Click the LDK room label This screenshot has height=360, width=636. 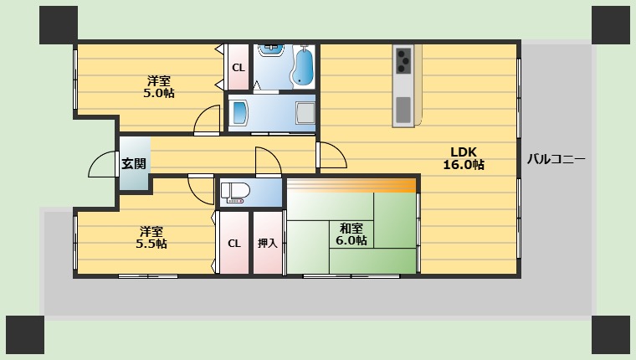(463, 152)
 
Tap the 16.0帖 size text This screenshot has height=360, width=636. (463, 165)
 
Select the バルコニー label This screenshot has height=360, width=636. (556, 159)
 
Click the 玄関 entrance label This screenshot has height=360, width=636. (133, 163)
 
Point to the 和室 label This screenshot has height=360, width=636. (351, 227)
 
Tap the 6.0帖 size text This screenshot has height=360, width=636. (351, 240)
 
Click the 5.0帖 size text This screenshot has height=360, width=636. (158, 93)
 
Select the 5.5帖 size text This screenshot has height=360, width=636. (151, 244)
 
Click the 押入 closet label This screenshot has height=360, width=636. (268, 244)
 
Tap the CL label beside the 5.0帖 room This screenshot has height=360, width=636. (238, 68)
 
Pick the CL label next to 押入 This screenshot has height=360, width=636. (233, 244)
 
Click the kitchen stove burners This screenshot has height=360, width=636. (403, 59)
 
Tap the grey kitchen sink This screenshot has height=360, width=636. (403, 109)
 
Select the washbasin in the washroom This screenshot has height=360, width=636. (241, 112)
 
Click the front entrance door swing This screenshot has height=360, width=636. (104, 164)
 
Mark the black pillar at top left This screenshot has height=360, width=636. (58, 25)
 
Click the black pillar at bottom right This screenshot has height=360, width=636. (611, 335)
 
